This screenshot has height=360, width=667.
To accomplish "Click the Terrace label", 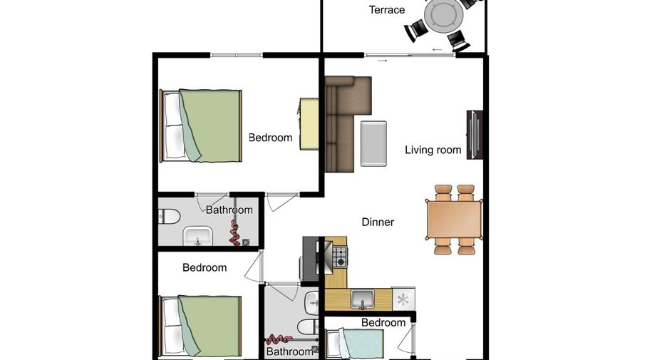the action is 387,10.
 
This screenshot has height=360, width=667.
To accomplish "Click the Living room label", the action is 433,150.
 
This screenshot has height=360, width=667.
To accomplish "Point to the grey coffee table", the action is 373,143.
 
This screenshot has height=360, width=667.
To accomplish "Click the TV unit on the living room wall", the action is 475,135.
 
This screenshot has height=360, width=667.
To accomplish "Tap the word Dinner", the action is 378,222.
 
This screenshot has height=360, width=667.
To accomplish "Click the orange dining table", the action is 455,220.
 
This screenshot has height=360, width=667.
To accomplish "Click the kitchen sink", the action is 363,299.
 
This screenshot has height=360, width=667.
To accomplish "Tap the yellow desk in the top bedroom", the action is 309,124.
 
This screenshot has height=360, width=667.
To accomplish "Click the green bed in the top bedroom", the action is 201,125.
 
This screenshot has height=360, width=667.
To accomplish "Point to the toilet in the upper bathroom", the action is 169,217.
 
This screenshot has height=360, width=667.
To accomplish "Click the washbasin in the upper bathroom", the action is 197,236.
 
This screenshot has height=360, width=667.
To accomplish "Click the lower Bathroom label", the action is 290,351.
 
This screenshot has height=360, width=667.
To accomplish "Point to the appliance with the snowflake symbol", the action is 403,299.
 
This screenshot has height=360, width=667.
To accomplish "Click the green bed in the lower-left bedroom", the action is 200,326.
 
